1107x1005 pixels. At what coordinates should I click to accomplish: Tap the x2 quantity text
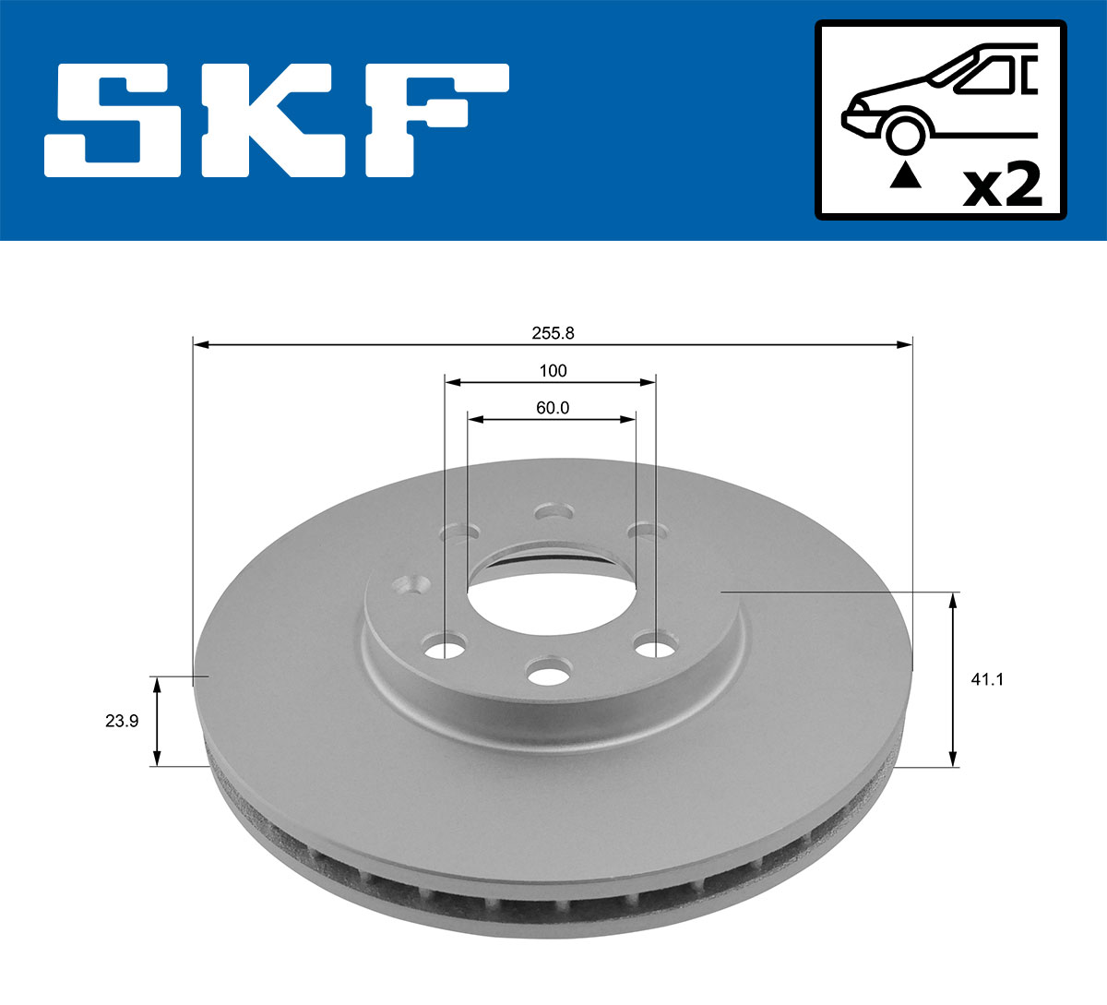pos(1002,185)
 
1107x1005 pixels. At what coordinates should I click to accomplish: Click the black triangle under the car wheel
pos(905,174)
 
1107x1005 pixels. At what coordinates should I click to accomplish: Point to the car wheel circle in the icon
pos(905,132)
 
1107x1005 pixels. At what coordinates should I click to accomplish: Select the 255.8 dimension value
pos(553,333)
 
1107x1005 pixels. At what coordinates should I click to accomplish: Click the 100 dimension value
pos(553,371)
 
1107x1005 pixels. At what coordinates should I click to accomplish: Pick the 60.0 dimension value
pos(553,408)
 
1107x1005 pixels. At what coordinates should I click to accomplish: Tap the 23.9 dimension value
pos(122,722)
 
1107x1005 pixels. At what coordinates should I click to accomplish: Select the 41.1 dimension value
pos(987,680)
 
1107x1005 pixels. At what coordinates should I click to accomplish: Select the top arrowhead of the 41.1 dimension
pos(953,601)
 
